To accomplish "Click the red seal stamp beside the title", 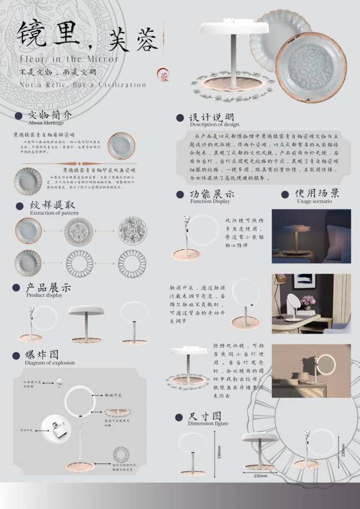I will (163, 74).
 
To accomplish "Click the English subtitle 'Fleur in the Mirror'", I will (68, 59).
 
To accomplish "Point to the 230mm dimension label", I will (343, 450).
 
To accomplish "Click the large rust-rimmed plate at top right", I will (311, 59).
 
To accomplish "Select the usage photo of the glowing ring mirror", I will (311, 371).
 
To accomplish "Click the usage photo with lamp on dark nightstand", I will (311, 235).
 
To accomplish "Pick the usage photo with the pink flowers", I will (311, 304).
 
